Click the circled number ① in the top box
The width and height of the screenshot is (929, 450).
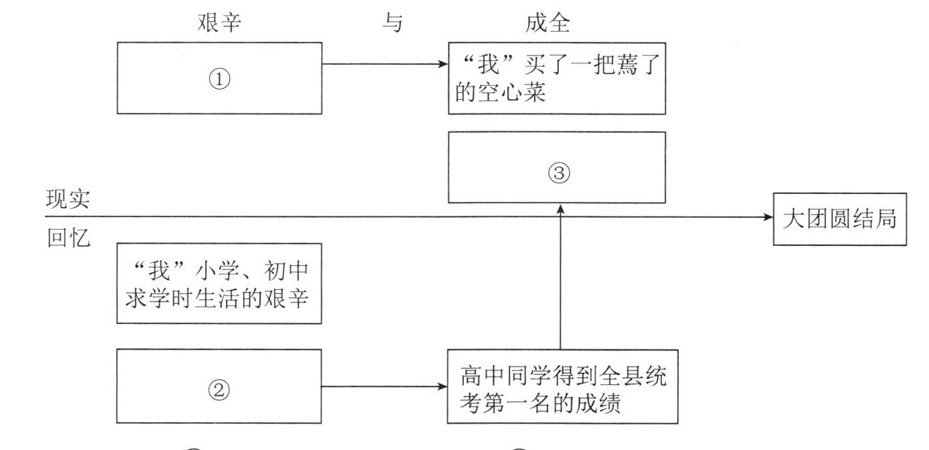point(220,79)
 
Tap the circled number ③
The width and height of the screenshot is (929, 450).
point(558,173)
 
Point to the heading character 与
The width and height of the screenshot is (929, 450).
point(393,23)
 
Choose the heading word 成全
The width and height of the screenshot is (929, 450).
point(547,23)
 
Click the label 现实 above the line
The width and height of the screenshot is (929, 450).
point(68,199)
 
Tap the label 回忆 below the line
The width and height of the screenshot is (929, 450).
point(68,238)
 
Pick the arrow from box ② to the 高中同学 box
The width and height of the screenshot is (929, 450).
point(385,386)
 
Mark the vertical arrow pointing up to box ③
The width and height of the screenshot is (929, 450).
point(558,278)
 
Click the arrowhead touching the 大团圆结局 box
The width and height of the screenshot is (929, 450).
point(767,217)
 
